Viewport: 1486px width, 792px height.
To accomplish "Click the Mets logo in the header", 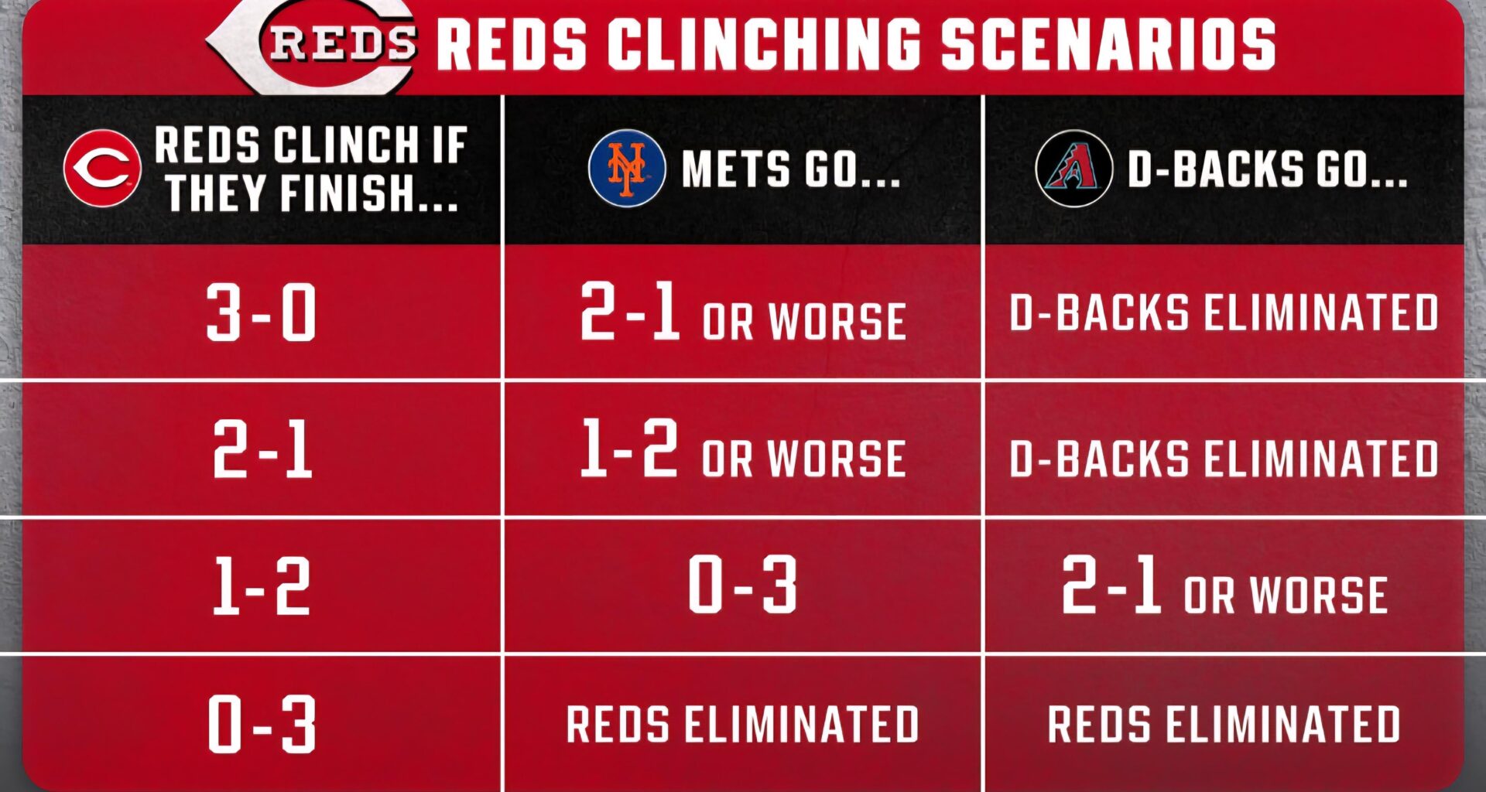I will (x=626, y=168).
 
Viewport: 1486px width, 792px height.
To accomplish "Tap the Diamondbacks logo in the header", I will (x=1073, y=168).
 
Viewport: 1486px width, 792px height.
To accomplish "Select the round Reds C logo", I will (x=102, y=168).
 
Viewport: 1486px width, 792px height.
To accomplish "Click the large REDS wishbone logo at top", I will (x=317, y=45).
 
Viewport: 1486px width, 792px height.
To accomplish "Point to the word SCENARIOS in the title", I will (x=1108, y=44).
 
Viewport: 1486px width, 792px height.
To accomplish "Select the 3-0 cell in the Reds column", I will (x=262, y=312).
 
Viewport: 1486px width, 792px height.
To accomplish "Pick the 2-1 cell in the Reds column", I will (x=262, y=449).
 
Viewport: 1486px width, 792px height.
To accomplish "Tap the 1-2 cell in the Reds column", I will (x=262, y=586).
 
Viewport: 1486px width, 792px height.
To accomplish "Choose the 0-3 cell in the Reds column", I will (x=262, y=724).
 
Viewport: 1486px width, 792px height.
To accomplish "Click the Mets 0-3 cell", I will (x=743, y=585).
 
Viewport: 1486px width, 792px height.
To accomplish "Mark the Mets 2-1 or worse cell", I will (x=743, y=313).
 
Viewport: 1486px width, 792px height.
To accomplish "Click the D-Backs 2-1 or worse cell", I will (x=1224, y=586).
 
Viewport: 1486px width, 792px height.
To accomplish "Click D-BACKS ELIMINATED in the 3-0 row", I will (x=1224, y=312).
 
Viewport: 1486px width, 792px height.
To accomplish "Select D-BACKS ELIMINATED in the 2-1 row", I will (x=1224, y=458).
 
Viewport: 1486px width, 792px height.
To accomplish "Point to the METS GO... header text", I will (x=791, y=169).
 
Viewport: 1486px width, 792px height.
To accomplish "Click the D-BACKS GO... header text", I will (x=1267, y=169).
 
